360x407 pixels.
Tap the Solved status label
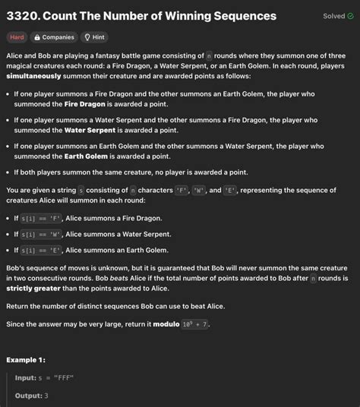pyautogui.click(x=333, y=16)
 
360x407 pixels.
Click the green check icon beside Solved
pyautogui.click(x=351, y=16)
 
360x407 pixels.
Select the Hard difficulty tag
pyautogui.click(x=17, y=37)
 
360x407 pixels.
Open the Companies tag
pyautogui.click(x=54, y=37)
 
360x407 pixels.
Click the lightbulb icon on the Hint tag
pyautogui.click(x=87, y=37)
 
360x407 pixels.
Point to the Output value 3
pyautogui.click(x=47, y=396)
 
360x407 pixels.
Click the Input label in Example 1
pyautogui.click(x=26, y=378)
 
